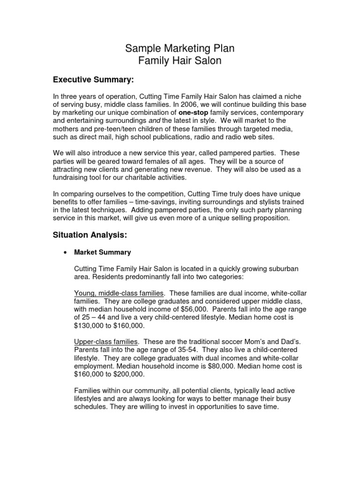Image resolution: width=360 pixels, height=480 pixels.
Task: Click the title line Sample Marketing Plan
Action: coord(180,48)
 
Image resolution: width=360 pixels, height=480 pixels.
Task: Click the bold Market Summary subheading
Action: coord(103,252)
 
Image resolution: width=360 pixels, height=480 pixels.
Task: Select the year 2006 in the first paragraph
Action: coord(178,105)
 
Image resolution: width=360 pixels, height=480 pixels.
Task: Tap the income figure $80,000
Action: coord(225,366)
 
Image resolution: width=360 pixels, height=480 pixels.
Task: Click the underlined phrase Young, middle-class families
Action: coord(119,293)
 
